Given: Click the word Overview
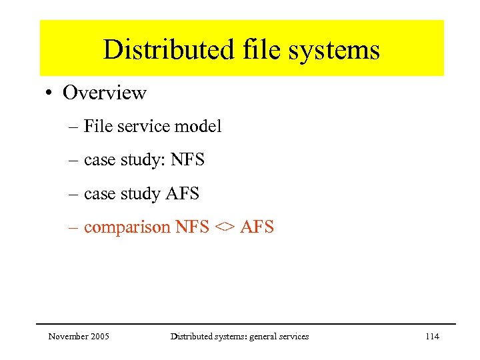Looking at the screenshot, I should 104,93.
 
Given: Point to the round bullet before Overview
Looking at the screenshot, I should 51,93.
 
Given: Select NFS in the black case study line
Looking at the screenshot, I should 187,160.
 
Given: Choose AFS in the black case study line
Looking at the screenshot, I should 181,193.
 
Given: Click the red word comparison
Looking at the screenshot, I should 127,227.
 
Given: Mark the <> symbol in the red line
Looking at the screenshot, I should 224,227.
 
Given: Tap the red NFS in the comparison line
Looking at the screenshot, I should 191,227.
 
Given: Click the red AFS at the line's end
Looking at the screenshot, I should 257,227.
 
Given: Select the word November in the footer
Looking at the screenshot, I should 69,337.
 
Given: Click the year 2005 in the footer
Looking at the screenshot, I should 100,337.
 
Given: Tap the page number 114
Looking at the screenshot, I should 432,337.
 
